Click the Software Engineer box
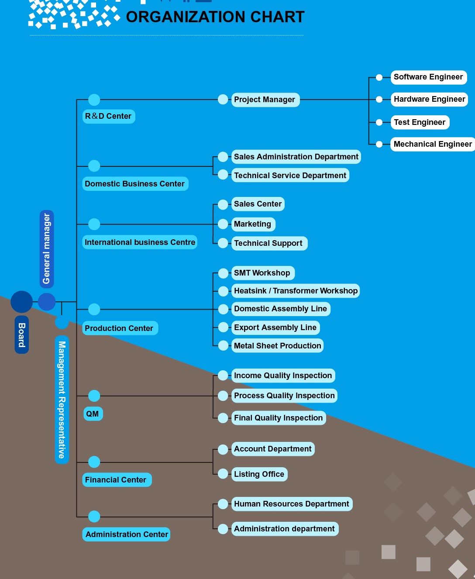click(x=429, y=77)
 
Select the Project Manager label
click(x=265, y=100)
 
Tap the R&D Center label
click(x=108, y=117)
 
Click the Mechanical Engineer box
click(x=433, y=144)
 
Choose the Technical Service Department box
click(x=290, y=175)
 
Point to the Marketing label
click(x=253, y=224)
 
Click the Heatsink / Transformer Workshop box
click(x=296, y=291)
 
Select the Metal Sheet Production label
click(x=277, y=346)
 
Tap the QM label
click(x=93, y=414)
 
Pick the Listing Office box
click(x=259, y=474)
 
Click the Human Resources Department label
click(x=292, y=504)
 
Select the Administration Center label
click(x=126, y=534)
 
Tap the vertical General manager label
click(x=47, y=249)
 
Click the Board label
click(x=22, y=334)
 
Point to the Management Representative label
click(x=62, y=400)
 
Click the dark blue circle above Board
click(x=22, y=302)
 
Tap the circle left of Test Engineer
click(x=379, y=122)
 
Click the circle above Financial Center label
click(x=94, y=462)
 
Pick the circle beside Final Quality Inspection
click(x=223, y=418)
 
